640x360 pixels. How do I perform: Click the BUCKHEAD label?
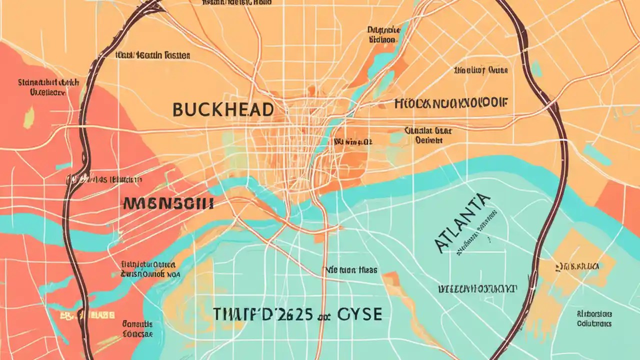(x=223, y=109)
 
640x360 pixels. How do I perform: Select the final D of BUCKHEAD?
(x=267, y=109)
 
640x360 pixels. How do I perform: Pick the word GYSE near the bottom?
(x=359, y=314)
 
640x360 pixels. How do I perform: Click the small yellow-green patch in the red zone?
(x=29, y=117)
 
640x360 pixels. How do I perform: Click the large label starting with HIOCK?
(x=450, y=103)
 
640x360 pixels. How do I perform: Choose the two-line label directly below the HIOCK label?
(x=428, y=135)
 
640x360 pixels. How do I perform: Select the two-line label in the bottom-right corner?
(x=593, y=318)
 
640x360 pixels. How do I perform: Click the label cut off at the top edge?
(x=236, y=2)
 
